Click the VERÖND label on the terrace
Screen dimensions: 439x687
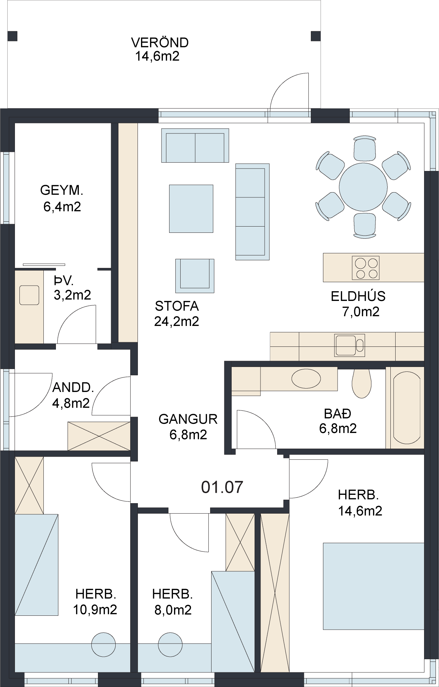[x=160, y=42]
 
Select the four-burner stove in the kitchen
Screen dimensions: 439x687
[x=365, y=268]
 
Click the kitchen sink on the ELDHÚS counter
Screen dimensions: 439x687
[x=349, y=345]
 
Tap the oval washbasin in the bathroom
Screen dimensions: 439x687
[x=306, y=378]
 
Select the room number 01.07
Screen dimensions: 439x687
[x=222, y=487]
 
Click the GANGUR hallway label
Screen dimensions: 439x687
[x=188, y=419]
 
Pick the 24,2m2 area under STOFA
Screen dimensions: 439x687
[x=176, y=321]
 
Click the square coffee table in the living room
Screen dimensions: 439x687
[x=191, y=208]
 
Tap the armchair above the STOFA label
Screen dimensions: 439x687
[x=195, y=276]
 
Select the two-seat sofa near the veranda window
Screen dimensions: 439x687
[x=195, y=145]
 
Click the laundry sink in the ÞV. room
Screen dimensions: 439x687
[x=29, y=295]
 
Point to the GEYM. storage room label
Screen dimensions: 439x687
[x=62, y=190]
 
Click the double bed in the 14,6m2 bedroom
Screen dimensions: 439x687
[x=374, y=586]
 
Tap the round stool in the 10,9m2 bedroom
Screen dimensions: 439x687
[x=103, y=645]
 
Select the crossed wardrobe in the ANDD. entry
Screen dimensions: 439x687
[x=99, y=436]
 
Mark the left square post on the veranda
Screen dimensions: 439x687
[x=13, y=36]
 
